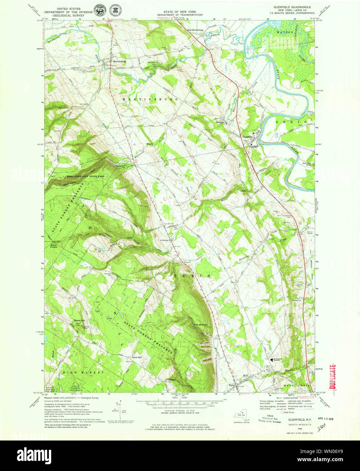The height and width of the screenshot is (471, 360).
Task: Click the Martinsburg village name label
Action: [x=119, y=61]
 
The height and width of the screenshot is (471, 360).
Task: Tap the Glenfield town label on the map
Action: [x=248, y=137]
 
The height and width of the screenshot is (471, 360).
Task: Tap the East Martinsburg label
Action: [x=196, y=30]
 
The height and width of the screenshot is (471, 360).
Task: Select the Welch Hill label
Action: [x=137, y=357]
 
